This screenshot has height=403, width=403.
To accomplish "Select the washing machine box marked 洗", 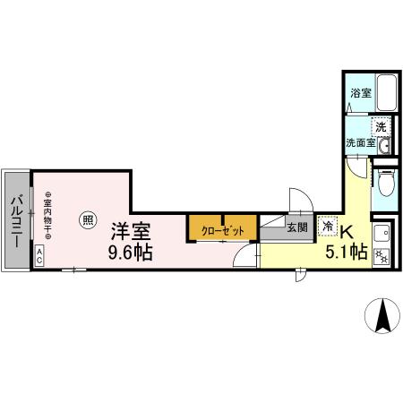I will (x=382, y=127).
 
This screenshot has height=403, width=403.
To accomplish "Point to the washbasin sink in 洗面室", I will (x=385, y=146).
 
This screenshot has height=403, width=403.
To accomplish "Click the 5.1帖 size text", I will (x=347, y=253).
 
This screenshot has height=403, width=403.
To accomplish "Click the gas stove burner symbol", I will (x=383, y=255).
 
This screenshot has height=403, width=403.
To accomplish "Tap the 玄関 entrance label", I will (x=296, y=227).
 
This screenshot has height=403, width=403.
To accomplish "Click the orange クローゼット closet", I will (x=222, y=228).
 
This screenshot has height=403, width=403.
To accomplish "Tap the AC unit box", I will (x=41, y=254).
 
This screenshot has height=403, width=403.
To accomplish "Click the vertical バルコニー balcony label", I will (x=15, y=216).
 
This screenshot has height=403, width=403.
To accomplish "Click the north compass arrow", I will (x=382, y=315).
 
